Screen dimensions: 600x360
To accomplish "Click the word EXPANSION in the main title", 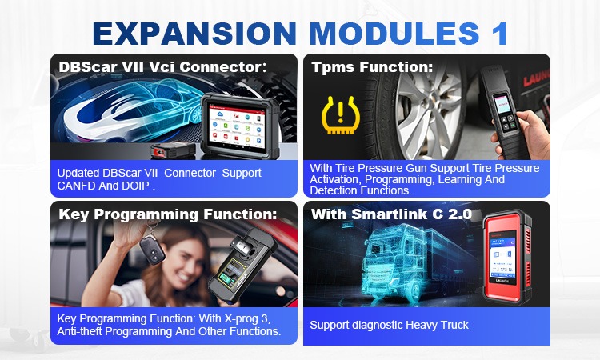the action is click(x=194, y=34).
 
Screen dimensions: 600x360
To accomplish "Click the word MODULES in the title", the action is click(x=394, y=34).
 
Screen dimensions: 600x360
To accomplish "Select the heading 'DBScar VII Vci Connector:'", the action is click(x=162, y=67).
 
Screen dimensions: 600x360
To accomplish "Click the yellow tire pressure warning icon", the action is click(x=341, y=114).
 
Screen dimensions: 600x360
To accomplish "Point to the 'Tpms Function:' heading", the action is click(x=372, y=67).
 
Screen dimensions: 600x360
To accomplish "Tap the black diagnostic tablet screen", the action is click(x=237, y=126).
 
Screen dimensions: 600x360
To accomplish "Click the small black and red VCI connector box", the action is click(x=173, y=150).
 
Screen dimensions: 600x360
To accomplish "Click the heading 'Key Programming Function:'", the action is click(x=168, y=214).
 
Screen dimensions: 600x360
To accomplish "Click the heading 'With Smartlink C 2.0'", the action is click(x=391, y=214).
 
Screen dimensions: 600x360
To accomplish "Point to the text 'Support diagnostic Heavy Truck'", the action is click(x=389, y=325).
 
